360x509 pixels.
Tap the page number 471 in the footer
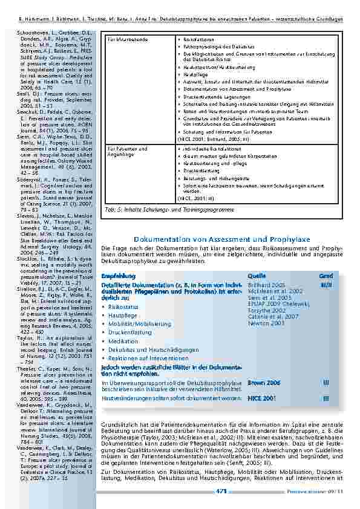pos(221,492)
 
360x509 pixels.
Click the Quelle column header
pos(257,276)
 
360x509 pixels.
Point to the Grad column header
pos(326,276)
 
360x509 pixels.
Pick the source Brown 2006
pos(264,383)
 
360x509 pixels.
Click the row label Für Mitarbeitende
pos(126,39)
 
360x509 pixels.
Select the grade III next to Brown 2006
pos(326,383)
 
